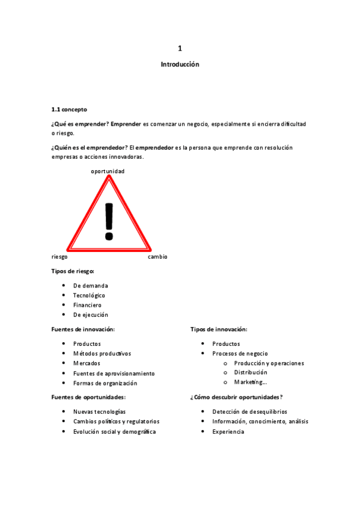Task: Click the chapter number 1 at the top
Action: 180,48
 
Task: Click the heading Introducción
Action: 180,64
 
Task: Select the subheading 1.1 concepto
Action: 69,109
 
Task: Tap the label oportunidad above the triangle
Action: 108,171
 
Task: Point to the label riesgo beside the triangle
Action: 59,257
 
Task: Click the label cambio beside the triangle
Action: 157,257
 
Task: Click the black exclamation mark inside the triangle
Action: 109,221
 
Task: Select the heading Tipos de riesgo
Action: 73,271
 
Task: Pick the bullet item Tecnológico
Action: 89,295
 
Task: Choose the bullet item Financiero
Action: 87,305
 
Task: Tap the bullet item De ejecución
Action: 91,315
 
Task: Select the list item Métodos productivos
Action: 102,354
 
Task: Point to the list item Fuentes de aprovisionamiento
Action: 114,373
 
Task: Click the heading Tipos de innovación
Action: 219,329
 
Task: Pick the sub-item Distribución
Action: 251,373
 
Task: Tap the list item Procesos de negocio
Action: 240,354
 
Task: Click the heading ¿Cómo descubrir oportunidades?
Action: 236,397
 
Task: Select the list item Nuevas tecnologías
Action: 99,412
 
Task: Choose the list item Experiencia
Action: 228,432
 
